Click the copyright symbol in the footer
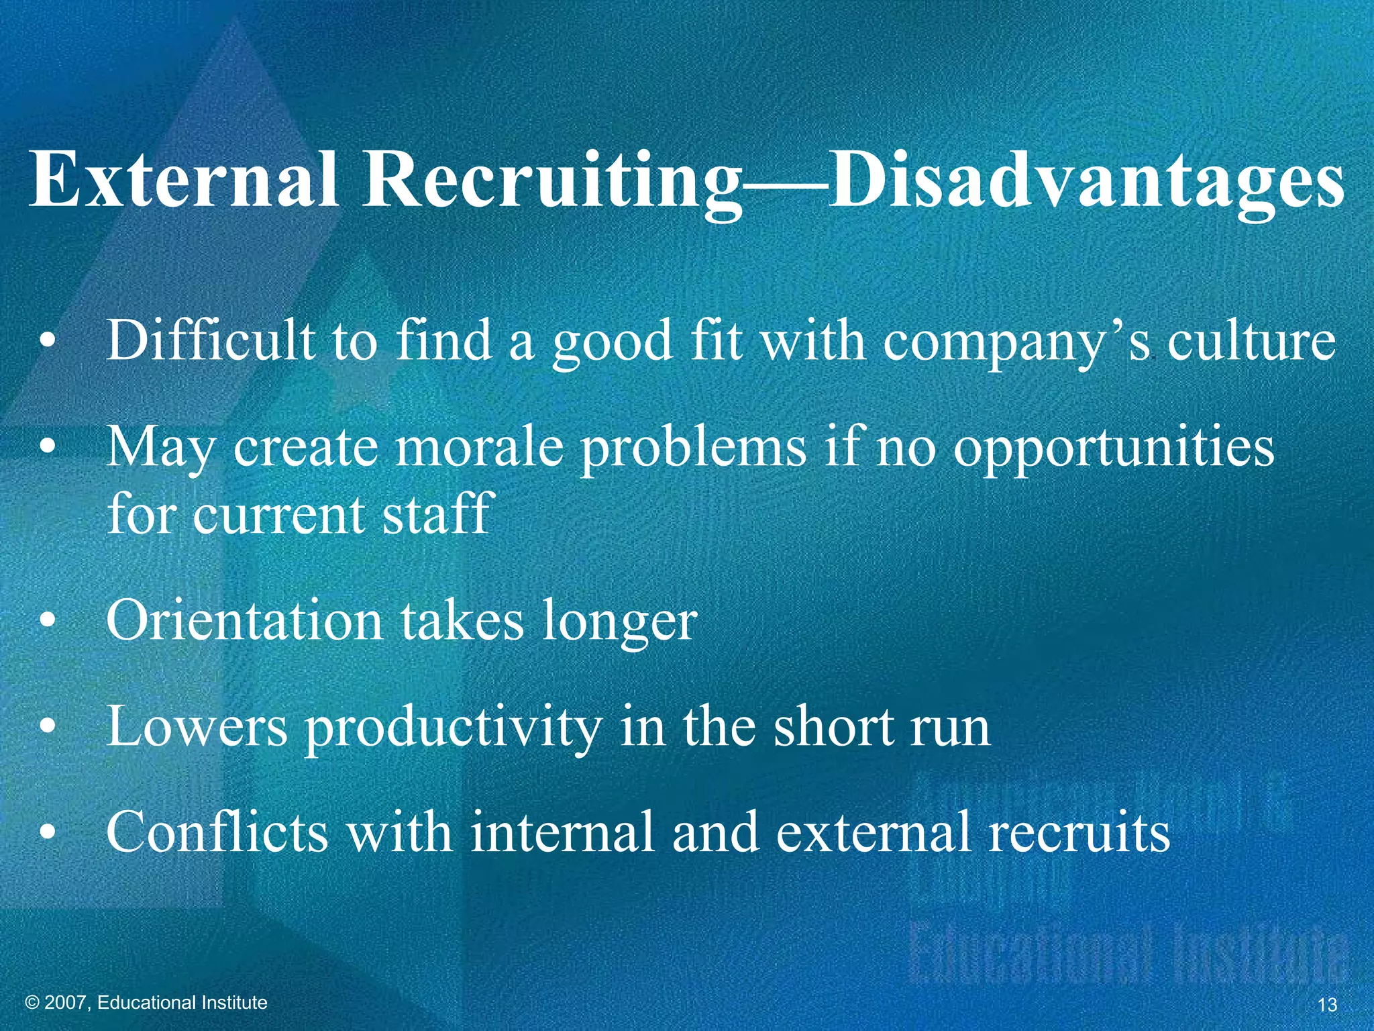click(32, 1003)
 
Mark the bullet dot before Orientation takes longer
click(46, 624)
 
